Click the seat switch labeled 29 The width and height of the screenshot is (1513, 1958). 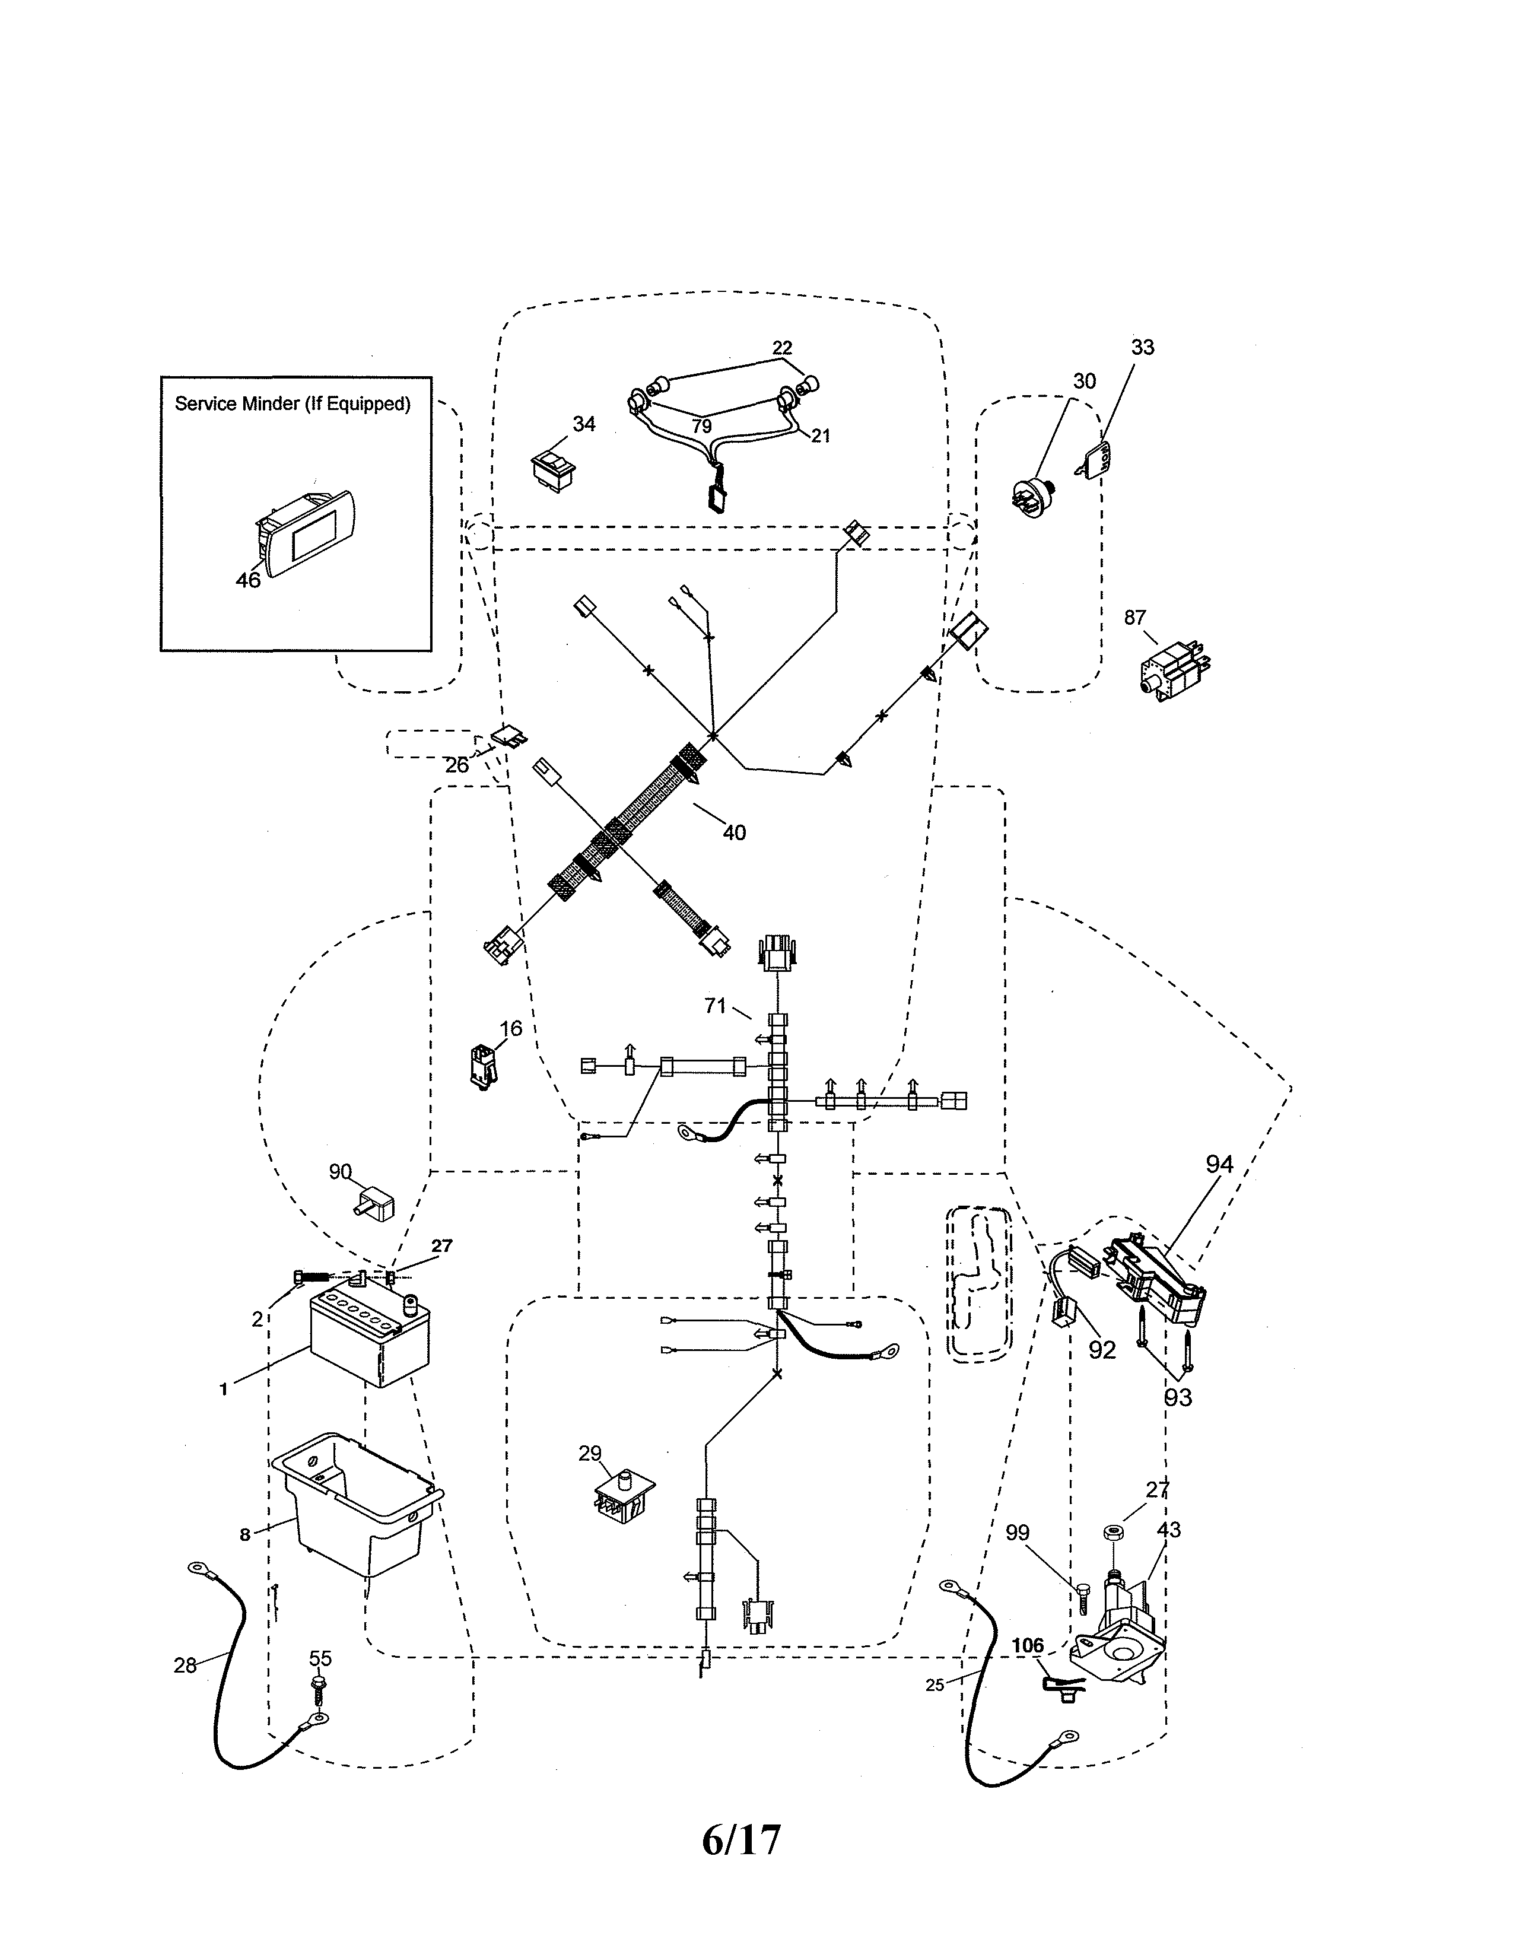tap(623, 1496)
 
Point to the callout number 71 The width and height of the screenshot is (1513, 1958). tap(714, 1006)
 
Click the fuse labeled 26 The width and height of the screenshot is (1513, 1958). tap(510, 738)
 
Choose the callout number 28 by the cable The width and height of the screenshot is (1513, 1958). tap(185, 1665)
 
